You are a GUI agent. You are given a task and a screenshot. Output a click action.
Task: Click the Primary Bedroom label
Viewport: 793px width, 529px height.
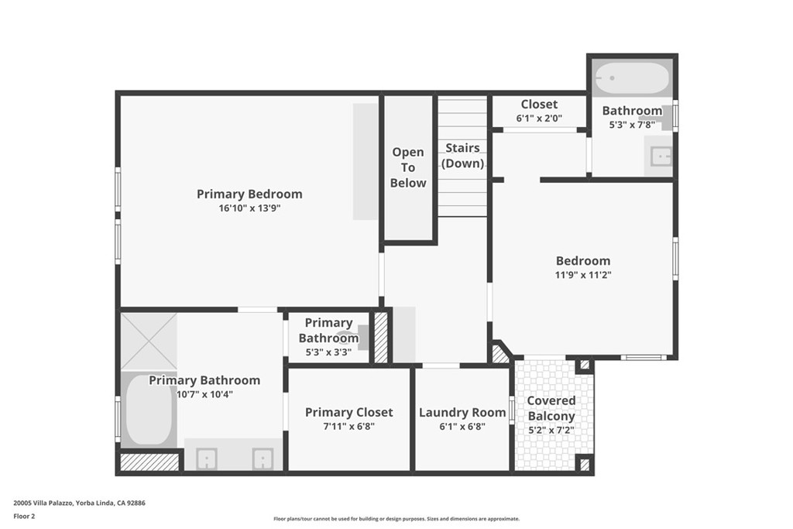coord(249,194)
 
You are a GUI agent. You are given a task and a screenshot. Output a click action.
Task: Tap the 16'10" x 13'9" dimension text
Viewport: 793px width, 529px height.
coord(249,208)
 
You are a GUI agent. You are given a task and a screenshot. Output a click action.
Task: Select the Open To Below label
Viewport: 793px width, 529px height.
coord(408,167)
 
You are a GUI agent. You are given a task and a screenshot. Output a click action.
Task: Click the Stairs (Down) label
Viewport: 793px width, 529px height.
coord(463,156)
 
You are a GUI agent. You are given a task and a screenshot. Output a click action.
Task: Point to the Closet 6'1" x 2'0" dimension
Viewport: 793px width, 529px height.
coord(539,119)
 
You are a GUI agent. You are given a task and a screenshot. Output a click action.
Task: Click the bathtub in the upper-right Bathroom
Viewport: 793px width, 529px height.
coord(632,78)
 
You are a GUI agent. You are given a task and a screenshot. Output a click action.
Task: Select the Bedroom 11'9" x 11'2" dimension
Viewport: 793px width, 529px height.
coord(583,275)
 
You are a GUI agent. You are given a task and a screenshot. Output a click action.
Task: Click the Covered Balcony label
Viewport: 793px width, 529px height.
coord(551,408)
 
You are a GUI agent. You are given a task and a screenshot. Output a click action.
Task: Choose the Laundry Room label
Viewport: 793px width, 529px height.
coord(462,413)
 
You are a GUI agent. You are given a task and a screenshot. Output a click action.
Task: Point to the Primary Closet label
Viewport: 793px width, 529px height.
coord(349,413)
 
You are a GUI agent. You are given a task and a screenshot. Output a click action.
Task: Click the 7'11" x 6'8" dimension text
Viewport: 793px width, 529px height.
coord(349,426)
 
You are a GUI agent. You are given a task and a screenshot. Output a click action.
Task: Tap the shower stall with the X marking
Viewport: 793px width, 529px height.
coord(149,342)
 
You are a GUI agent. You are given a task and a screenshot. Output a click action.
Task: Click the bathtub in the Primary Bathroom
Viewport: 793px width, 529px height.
coord(149,410)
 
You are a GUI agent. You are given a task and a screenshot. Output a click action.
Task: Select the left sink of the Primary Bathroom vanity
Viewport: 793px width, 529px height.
coord(206,459)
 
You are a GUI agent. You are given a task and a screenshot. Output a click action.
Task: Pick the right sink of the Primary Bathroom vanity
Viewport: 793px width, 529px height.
coord(263,459)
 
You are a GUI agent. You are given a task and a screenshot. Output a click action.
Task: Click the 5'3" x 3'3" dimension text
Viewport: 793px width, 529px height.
coord(328,352)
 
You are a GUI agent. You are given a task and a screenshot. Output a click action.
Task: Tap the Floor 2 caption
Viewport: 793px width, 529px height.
coord(24,517)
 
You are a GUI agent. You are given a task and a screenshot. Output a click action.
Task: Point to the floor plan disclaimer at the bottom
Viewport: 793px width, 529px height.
coord(396,519)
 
